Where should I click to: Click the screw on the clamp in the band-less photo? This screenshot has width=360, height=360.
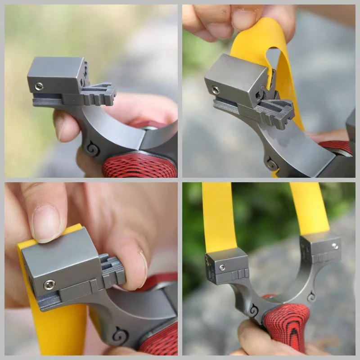39,85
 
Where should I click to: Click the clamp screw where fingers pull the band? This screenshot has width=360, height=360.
216,90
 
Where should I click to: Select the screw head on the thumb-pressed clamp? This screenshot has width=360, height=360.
49,284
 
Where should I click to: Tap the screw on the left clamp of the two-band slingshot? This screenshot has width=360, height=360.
222,268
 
